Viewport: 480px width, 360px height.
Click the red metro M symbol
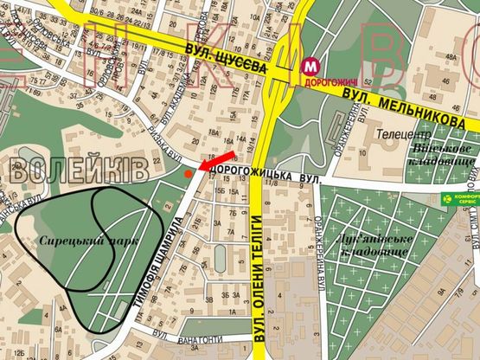tap(310, 65)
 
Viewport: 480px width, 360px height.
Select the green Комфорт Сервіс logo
tap(458, 198)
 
